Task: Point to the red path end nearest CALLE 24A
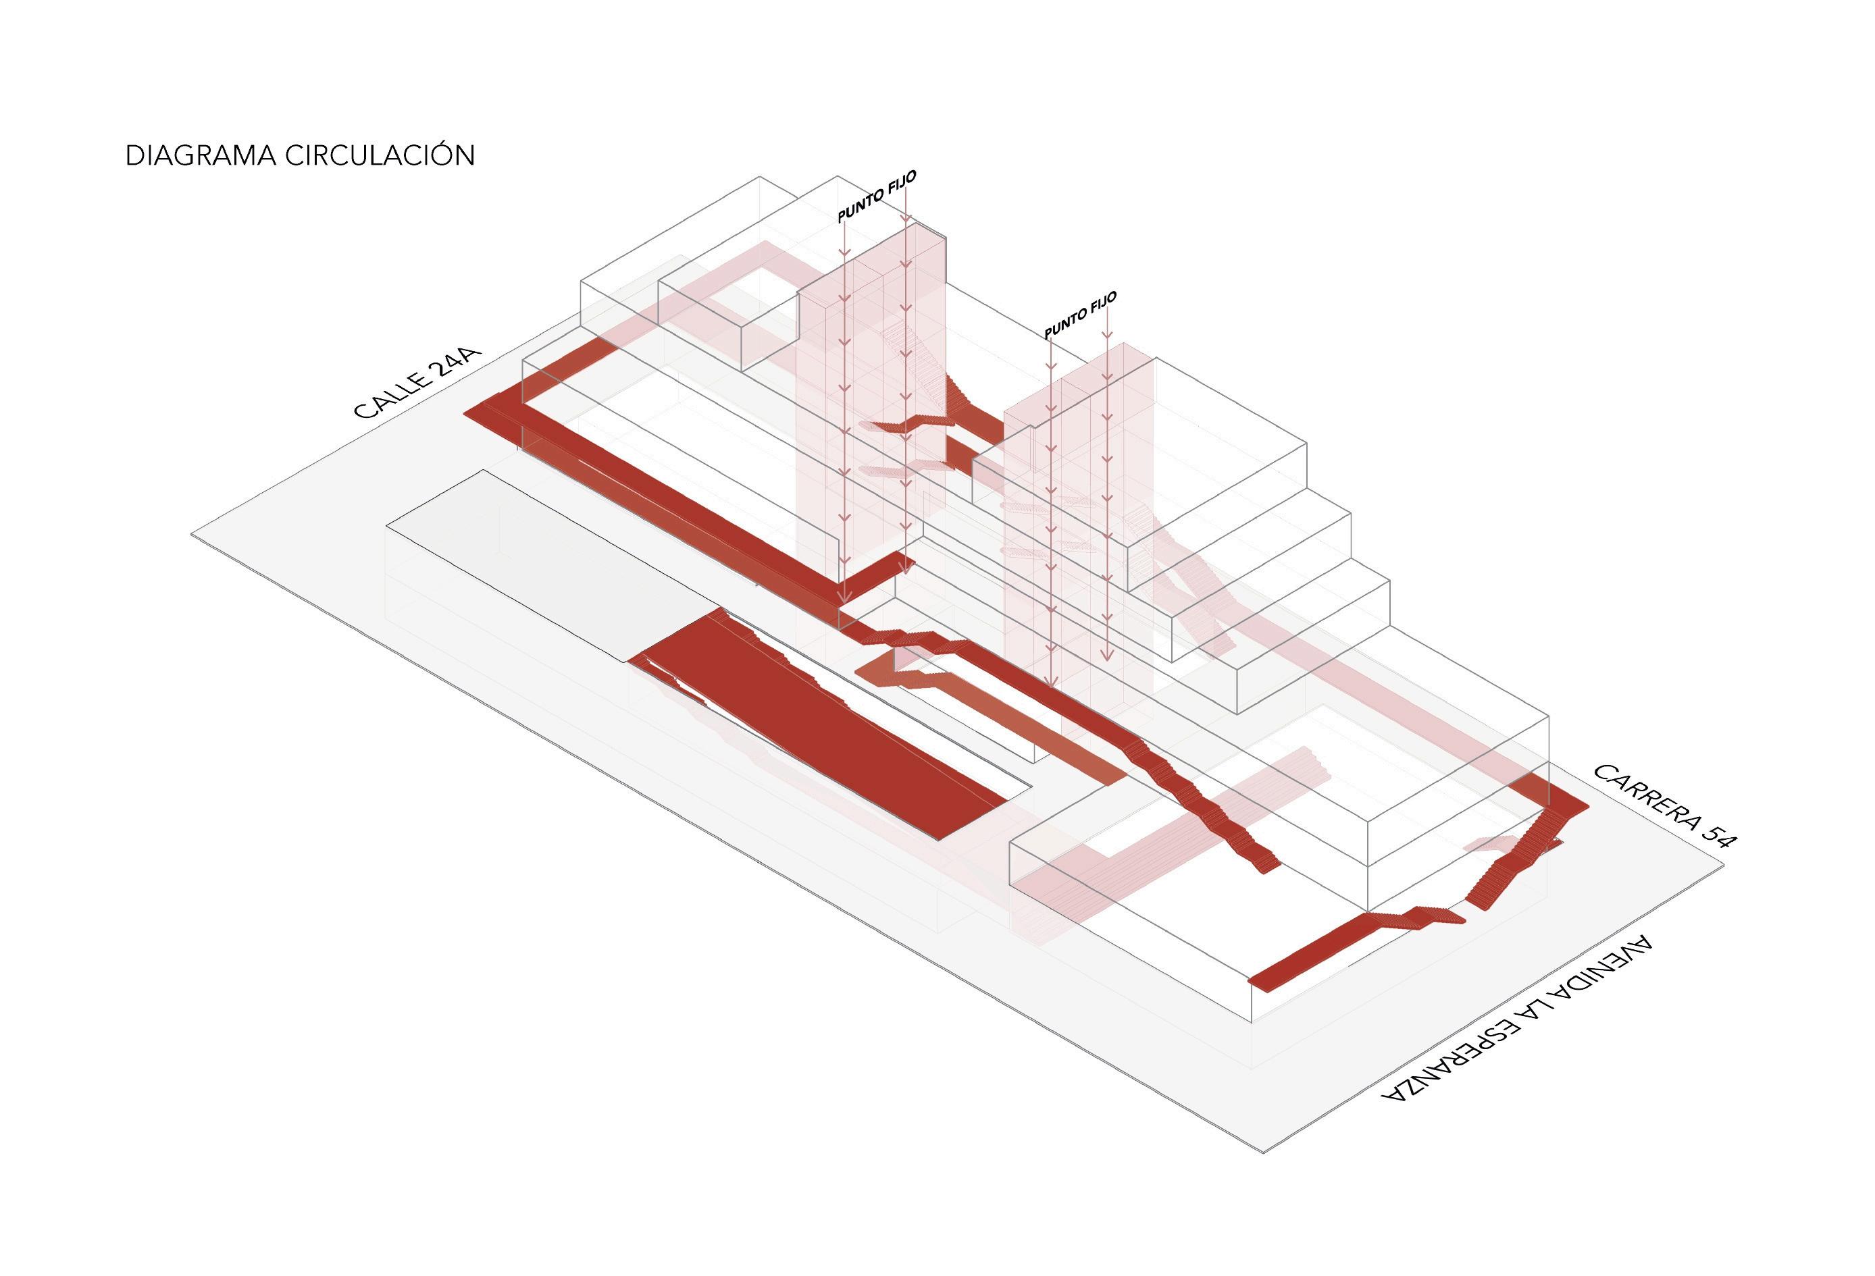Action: click(x=481, y=411)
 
